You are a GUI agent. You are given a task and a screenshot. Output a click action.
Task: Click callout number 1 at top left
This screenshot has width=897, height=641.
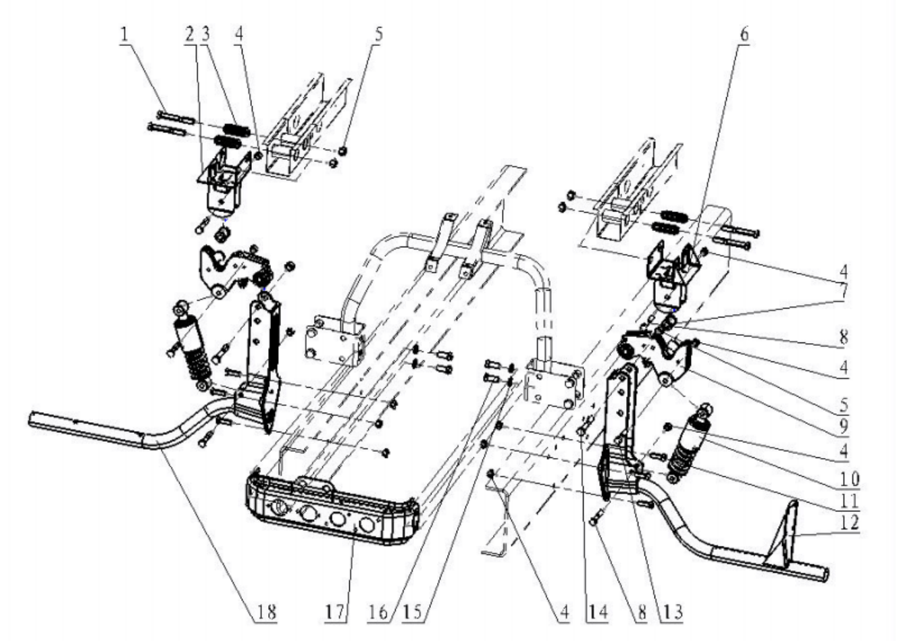click(124, 35)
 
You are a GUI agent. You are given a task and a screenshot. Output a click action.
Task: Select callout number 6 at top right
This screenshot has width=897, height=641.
click(744, 35)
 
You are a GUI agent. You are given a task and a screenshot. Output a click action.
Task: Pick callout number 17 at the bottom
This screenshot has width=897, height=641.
click(335, 612)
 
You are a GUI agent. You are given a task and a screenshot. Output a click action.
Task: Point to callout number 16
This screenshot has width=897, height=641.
click(378, 612)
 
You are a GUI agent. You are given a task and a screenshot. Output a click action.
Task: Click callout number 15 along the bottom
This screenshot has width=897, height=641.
click(413, 612)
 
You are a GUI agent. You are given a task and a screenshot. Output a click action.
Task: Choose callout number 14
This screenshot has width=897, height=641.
click(597, 612)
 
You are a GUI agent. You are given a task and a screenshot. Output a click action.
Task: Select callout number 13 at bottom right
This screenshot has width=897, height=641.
click(673, 612)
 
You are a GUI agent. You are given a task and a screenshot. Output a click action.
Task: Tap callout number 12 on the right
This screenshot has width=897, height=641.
click(849, 522)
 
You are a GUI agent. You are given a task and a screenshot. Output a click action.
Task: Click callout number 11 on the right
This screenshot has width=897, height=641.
click(849, 501)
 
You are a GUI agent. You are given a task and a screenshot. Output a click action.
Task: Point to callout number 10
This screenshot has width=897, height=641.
click(849, 479)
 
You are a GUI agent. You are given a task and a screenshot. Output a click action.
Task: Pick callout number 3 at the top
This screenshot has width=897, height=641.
click(205, 35)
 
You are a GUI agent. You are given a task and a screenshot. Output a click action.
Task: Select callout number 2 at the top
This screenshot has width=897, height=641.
click(189, 35)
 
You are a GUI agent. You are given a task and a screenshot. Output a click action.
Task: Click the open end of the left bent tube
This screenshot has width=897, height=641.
click(31, 419)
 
